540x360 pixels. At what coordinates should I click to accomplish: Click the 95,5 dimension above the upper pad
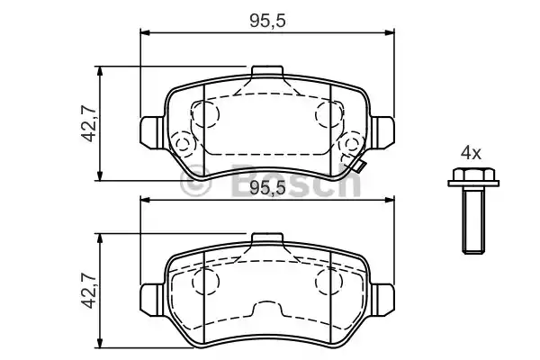[267, 21]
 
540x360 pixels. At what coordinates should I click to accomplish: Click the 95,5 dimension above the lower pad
[267, 188]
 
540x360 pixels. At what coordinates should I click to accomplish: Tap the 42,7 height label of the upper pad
[89, 123]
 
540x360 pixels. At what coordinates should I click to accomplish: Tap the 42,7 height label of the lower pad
[89, 290]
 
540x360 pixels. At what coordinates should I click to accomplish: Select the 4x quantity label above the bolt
[471, 153]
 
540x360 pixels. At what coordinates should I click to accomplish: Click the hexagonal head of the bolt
[473, 175]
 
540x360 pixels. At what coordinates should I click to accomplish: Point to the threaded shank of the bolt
[473, 220]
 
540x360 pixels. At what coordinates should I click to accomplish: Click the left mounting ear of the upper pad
[152, 132]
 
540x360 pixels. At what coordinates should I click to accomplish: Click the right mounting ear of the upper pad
[382, 132]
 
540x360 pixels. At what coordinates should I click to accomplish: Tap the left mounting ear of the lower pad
[152, 300]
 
